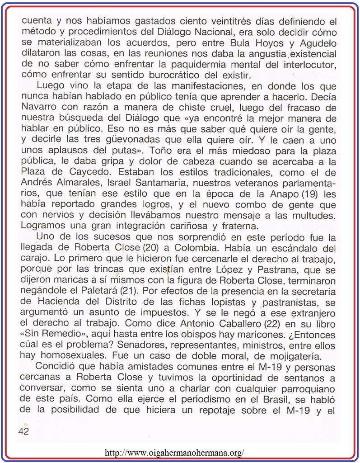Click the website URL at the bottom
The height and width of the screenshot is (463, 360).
[x=174, y=452]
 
